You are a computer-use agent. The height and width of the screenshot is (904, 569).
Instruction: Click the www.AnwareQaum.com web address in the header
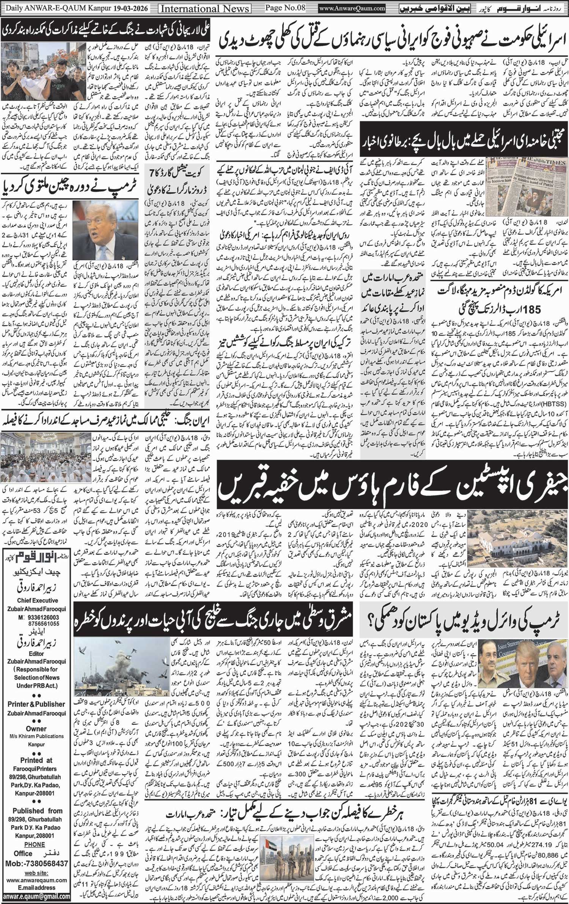(352, 8)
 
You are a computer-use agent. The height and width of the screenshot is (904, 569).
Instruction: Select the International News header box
(205, 8)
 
